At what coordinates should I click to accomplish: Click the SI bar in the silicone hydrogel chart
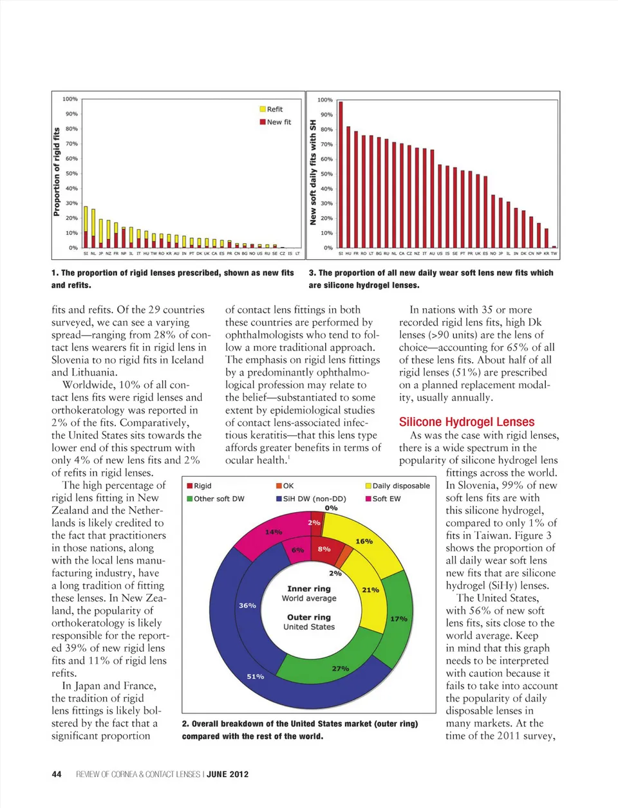coord(341,174)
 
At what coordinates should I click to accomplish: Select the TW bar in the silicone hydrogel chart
coord(554,246)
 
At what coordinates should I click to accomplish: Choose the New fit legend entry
coord(275,122)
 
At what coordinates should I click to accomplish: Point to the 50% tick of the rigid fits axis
coord(71,174)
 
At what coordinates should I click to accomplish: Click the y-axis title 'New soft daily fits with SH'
coord(314,172)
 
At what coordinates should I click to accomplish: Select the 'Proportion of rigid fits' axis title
coord(57,172)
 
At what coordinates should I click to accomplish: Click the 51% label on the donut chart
coord(256,677)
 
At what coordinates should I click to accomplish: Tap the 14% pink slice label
coord(274,532)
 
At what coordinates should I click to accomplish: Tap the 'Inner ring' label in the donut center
coord(309,589)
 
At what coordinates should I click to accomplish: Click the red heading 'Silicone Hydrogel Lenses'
coord(467,422)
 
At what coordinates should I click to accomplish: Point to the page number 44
coord(57,774)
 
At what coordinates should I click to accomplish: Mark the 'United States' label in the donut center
coord(309,627)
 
